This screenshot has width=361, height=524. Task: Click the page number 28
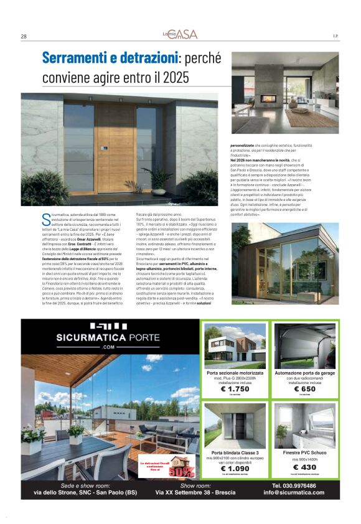[x=23, y=36]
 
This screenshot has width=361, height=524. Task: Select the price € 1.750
[x=235, y=388]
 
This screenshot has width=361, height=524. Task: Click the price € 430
[x=304, y=468]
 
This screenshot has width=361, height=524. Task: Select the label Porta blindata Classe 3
[x=235, y=452]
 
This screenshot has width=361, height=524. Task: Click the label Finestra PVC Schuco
[x=304, y=452]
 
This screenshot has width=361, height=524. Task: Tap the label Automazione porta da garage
[x=305, y=372]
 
